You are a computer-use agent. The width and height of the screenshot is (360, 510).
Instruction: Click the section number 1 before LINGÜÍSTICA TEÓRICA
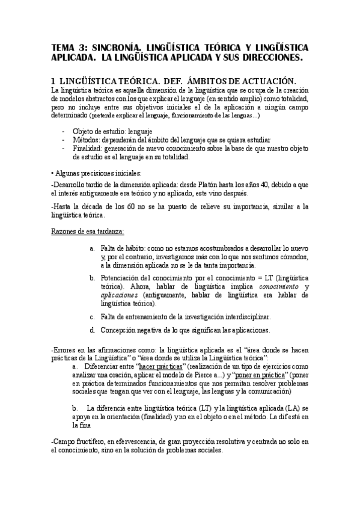pyautogui.click(x=54, y=82)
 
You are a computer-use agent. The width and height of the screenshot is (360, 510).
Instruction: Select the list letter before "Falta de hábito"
pyautogui.click(x=91, y=248)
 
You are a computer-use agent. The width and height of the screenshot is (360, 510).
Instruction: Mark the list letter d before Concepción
pyautogui.click(x=91, y=330)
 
